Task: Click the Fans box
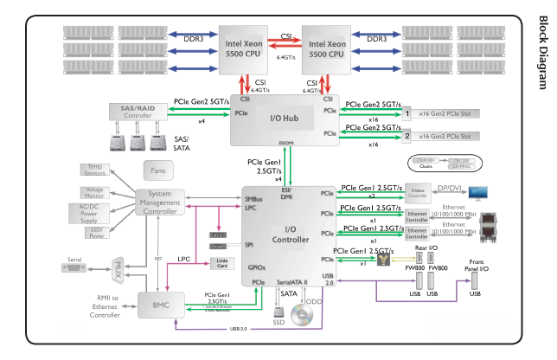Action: (x=157, y=171)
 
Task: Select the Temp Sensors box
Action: (x=94, y=170)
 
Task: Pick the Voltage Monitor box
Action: (x=94, y=193)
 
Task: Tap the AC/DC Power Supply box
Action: (x=94, y=213)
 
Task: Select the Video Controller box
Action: (x=417, y=191)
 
